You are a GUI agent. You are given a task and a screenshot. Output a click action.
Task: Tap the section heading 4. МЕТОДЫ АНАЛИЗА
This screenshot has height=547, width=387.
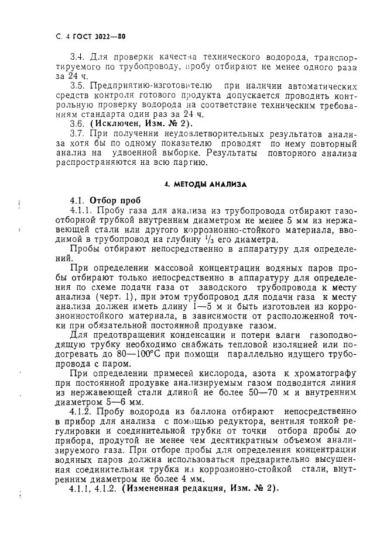coord(205,184)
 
